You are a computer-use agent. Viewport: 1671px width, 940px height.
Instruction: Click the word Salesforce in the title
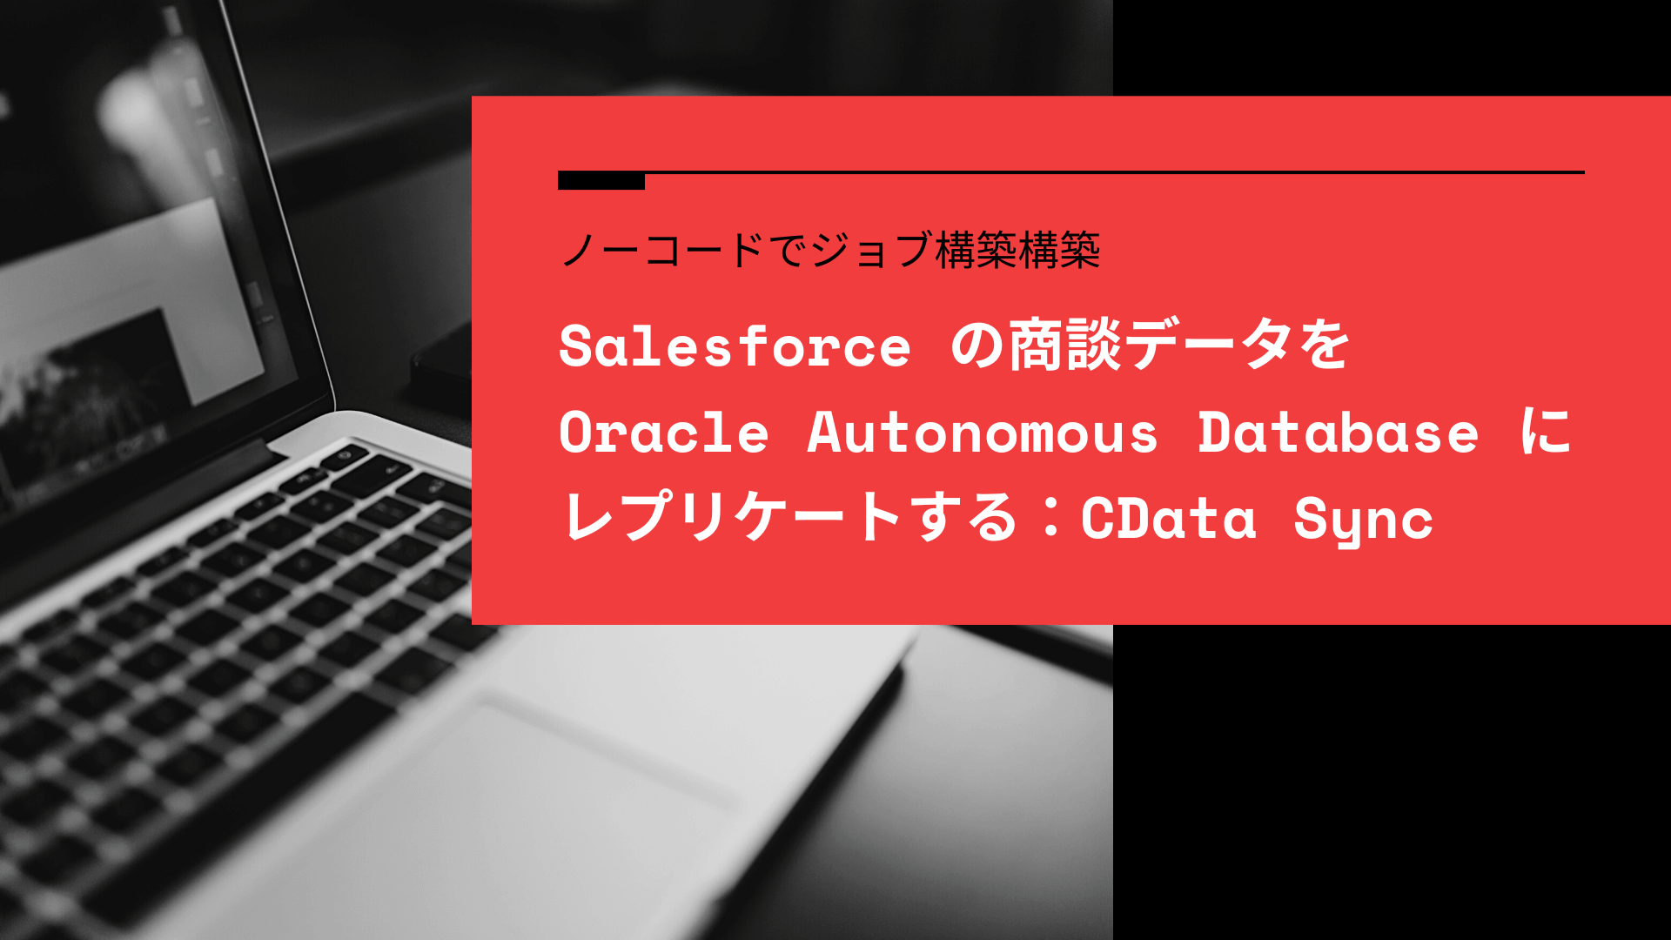(735, 346)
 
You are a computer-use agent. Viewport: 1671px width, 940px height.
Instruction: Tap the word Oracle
(663, 433)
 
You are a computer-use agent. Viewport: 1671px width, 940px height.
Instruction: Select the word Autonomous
(983, 433)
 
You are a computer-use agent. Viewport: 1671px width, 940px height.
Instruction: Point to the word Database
(1338, 433)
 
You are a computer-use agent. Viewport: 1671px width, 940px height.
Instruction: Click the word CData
(1169, 519)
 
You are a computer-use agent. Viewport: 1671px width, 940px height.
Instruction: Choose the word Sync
(1363, 520)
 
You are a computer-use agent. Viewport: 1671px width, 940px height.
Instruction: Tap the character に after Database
(1546, 433)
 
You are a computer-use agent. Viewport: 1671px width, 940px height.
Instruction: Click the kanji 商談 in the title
(1065, 346)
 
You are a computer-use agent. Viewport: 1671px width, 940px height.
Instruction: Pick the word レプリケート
(731, 518)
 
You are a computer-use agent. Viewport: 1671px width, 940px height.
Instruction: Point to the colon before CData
(1051, 518)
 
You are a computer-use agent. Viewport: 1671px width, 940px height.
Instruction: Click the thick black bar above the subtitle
(601, 180)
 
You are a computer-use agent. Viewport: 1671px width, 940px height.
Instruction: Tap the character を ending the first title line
(1325, 346)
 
